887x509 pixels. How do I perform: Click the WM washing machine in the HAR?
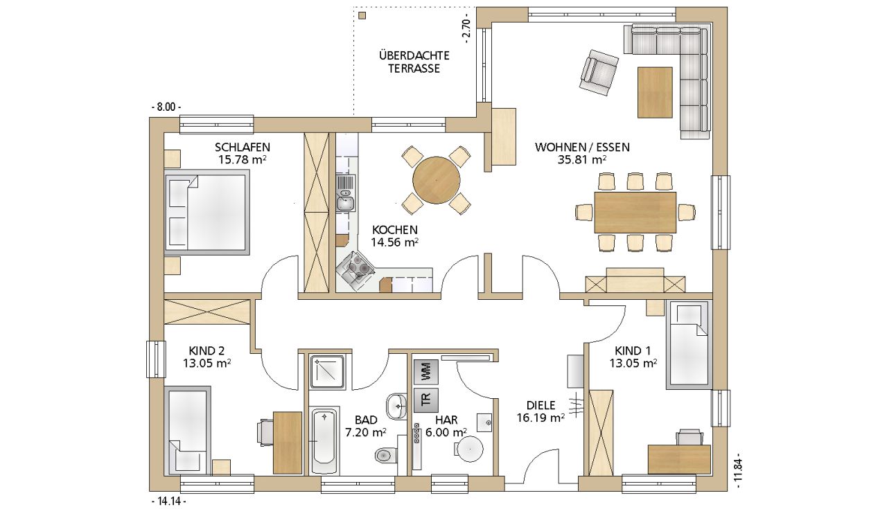point(426,372)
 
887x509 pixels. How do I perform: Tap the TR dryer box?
point(426,400)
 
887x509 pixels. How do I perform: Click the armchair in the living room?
point(599,73)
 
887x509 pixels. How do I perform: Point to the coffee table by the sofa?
point(655,93)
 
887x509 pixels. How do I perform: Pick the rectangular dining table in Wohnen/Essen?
point(635,213)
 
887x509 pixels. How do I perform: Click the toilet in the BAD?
point(385,455)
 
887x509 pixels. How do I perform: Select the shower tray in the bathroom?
point(326,372)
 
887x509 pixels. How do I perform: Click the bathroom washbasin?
point(397,406)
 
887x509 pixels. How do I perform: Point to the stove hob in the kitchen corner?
point(355,269)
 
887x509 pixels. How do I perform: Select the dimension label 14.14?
point(169,501)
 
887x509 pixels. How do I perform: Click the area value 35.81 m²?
point(583,159)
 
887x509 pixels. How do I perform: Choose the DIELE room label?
point(541,405)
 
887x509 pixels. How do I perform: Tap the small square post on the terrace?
point(362,16)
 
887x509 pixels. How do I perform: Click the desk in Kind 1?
point(679,459)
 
